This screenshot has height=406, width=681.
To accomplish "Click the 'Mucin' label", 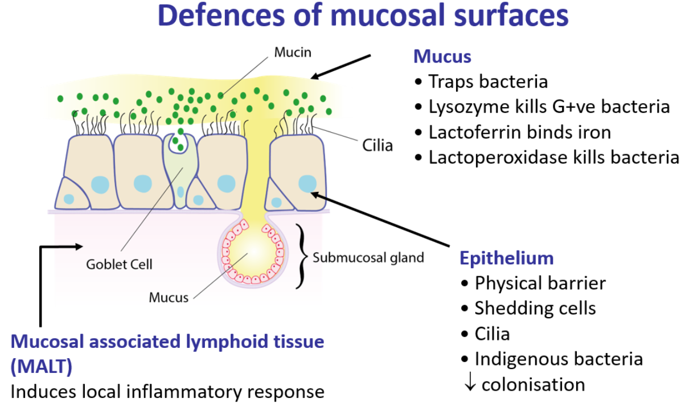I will coord(293,53).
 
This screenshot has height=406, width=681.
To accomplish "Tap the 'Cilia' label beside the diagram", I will coord(378,146).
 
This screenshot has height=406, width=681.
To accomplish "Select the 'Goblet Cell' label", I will coord(119,264).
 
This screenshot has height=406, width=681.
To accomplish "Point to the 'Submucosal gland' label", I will coord(368,257).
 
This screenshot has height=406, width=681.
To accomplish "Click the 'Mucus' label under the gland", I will coord(168,297).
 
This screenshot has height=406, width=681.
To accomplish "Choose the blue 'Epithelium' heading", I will coord(506,258).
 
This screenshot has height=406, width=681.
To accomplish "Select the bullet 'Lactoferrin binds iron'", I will coord(519,132).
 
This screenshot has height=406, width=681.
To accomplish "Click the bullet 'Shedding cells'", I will coord(535,308).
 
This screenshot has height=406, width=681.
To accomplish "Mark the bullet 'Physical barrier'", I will coord(540,282).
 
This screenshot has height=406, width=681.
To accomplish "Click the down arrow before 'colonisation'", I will coord(470,384).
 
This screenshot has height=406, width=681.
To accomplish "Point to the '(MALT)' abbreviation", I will coord(42,367).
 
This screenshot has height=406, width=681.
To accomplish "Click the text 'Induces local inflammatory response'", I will coord(167,392).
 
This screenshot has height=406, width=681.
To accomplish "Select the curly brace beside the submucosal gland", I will coord(300,257).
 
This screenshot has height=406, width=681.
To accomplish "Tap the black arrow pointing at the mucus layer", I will coord(341,66).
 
